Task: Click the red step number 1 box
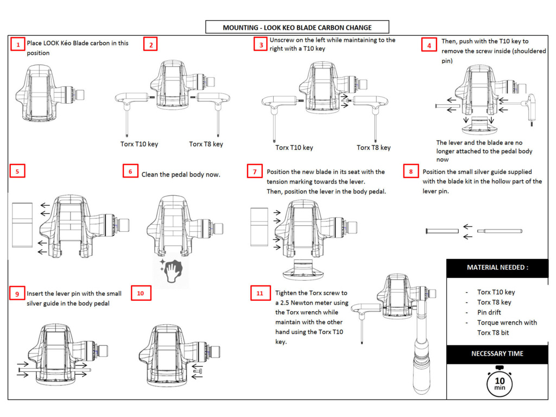pyautogui.click(x=18, y=45)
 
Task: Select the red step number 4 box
pyautogui.click(x=429, y=45)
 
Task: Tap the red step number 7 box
pyautogui.click(x=254, y=172)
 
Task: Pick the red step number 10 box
pyautogui.click(x=141, y=293)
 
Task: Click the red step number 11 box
pyautogui.click(x=260, y=293)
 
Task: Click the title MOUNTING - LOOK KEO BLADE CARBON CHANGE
pyautogui.click(x=297, y=27)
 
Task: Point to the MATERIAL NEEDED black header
pyautogui.click(x=497, y=268)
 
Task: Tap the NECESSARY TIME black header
pyautogui.click(x=497, y=353)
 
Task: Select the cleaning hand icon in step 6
pyautogui.click(x=172, y=270)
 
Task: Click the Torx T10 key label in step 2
pyautogui.click(x=139, y=144)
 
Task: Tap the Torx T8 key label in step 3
pyautogui.click(x=374, y=148)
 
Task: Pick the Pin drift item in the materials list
pyautogui.click(x=490, y=312)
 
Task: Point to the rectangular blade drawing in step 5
pyautogui.click(x=23, y=224)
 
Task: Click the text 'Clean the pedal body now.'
pyautogui.click(x=181, y=175)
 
